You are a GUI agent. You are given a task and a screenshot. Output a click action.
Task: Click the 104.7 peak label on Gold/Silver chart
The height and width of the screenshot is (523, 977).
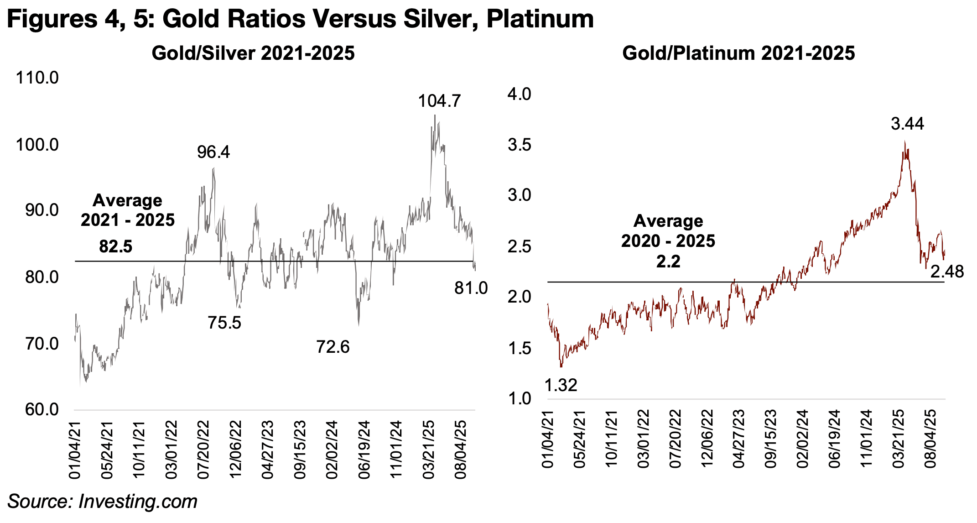pos(439,101)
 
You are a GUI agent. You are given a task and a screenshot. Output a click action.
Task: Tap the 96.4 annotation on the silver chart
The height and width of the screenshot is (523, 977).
pos(213,152)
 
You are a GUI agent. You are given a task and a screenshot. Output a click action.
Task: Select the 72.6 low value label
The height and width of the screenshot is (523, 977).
pos(333,347)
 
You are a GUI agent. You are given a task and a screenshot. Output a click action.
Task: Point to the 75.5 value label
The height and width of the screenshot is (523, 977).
pos(224,323)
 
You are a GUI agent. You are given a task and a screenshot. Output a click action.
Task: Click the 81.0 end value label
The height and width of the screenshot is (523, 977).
pos(471,288)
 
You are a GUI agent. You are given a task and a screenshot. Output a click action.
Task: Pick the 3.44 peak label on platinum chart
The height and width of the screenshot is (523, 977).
pos(907,124)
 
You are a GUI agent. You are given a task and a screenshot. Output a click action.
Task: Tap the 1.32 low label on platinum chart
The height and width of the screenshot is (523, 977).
pos(561,386)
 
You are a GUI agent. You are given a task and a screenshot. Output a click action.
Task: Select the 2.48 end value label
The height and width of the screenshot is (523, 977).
pos(947,272)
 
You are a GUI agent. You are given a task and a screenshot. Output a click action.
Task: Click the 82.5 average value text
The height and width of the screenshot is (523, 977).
pos(115,247)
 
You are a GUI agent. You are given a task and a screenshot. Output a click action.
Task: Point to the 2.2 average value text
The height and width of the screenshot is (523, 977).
pos(668,261)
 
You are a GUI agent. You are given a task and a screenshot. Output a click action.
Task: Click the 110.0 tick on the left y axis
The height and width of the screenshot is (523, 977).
pos(37,78)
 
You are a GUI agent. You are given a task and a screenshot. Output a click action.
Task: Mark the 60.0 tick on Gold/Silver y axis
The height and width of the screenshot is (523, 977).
pos(42,410)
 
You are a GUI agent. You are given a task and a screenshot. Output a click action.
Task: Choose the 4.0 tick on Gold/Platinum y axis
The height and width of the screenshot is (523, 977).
pos(519,94)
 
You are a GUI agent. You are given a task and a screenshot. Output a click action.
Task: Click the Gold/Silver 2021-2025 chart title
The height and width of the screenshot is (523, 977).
pos(253,53)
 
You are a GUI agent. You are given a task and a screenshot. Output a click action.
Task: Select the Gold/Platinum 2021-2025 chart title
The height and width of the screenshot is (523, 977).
pos(738,53)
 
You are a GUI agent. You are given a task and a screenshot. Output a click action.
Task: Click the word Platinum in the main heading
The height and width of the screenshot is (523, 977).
pos(540,19)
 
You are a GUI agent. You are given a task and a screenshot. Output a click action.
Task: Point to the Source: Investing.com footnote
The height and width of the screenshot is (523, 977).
pos(102,502)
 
